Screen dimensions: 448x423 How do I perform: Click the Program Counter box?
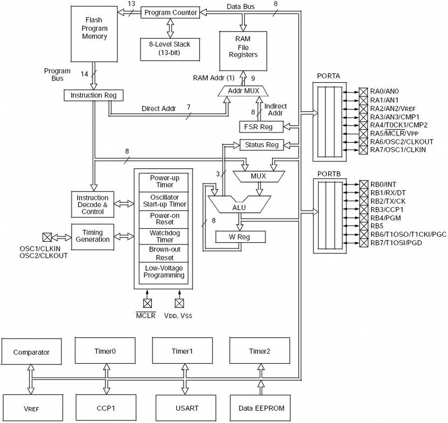(170, 12)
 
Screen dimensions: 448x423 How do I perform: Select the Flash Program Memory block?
(94, 34)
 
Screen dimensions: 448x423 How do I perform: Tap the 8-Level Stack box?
(170, 49)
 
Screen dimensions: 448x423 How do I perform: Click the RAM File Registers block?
(243, 51)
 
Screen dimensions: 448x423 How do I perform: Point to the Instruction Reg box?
(94, 95)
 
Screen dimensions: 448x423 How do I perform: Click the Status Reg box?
(262, 145)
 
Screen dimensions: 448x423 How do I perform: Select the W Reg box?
(240, 237)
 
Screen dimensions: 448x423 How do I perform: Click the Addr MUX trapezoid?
(243, 91)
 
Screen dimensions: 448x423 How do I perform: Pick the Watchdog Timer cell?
(164, 236)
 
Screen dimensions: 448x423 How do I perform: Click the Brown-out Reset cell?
(164, 253)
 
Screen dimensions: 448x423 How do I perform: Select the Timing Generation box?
(92, 237)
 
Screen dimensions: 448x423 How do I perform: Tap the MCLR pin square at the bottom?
(147, 303)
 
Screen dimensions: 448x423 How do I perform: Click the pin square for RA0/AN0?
(363, 92)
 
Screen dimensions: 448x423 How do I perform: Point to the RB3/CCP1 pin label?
(387, 210)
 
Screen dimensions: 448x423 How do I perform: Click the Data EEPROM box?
(260, 408)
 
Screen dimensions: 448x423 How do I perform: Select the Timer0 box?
(105, 351)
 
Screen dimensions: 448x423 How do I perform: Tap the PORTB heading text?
(329, 174)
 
